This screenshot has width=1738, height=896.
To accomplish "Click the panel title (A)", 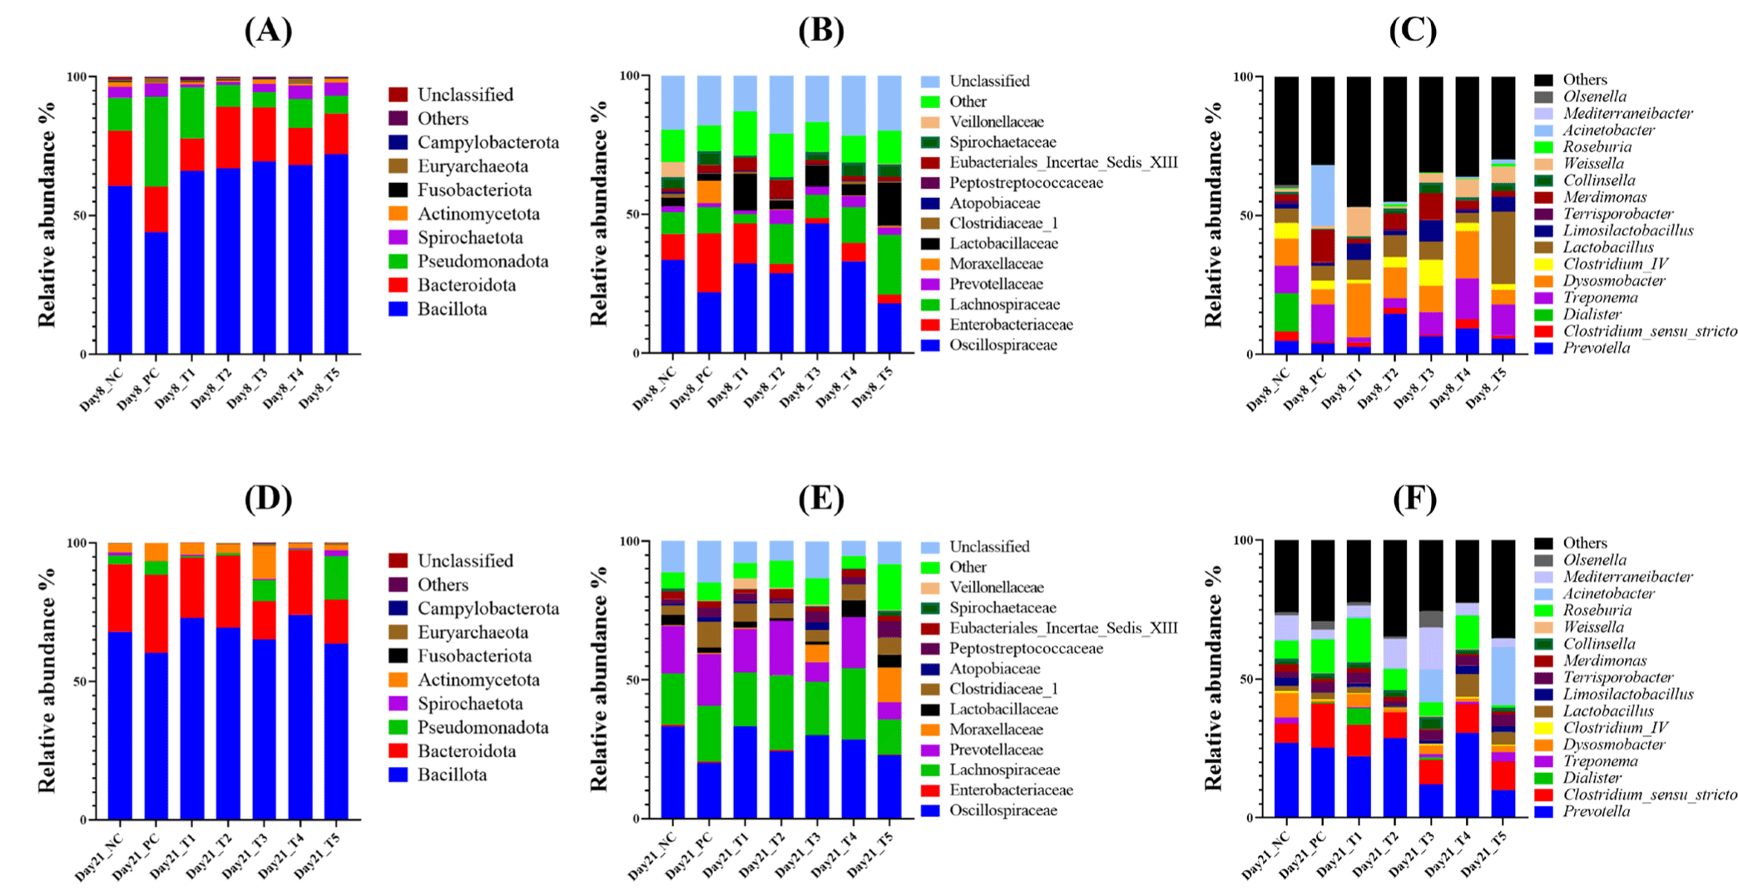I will coord(268,31).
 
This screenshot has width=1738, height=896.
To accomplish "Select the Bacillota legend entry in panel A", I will coord(452,309).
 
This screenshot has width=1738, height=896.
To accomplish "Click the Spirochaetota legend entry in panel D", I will coord(470,704).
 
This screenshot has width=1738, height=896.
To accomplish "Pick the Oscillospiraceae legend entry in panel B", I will coord(1003,345).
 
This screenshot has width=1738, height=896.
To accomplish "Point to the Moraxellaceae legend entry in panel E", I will coord(996,730).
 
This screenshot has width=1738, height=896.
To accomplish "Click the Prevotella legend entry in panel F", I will coord(1596,811).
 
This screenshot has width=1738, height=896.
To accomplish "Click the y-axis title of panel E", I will coord(600,680).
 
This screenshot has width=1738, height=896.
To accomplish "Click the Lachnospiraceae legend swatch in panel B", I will coord(930,304).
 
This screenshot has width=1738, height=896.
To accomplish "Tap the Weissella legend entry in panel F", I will coord(1592,627).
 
